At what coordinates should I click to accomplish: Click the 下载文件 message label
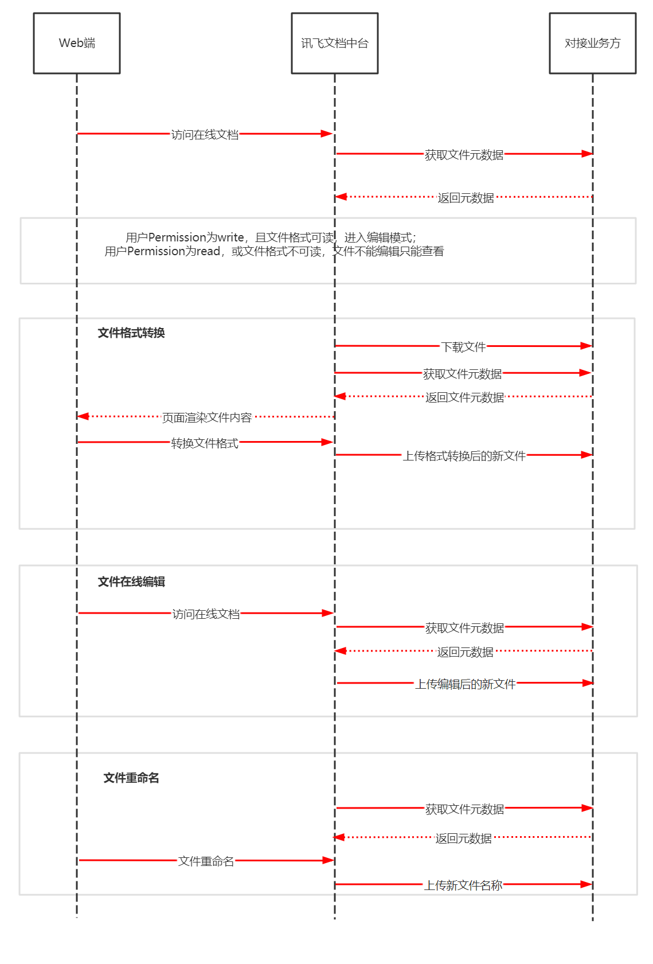click(463, 347)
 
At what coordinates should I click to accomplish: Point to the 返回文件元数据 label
click(464, 397)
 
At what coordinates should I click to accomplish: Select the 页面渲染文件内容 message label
click(207, 417)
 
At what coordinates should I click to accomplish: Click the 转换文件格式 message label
click(205, 443)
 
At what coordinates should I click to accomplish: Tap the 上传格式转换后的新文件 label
click(464, 456)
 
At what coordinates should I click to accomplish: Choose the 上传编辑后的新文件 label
click(465, 684)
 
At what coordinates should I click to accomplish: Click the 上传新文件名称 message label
click(463, 885)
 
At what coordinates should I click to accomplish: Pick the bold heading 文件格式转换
click(131, 333)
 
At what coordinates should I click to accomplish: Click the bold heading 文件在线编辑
click(131, 582)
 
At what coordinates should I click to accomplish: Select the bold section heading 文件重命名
click(131, 778)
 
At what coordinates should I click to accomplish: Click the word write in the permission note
click(231, 237)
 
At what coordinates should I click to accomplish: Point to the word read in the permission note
click(209, 251)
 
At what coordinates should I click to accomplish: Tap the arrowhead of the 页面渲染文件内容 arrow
click(83, 416)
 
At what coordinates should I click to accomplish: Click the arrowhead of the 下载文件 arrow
click(586, 346)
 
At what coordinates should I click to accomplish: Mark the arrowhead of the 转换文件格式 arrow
click(327, 442)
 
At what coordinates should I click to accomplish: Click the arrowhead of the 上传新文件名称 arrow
click(586, 884)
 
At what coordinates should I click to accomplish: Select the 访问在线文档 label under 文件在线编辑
click(206, 614)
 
